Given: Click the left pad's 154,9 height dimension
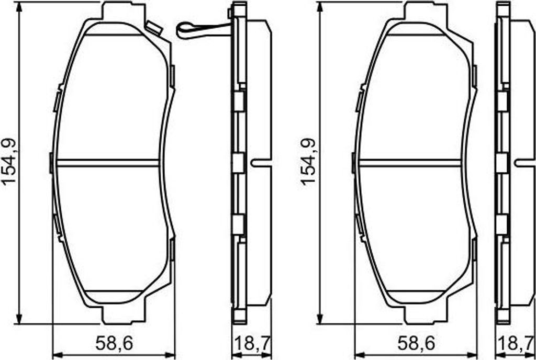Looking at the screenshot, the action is pyautogui.click(x=9, y=161).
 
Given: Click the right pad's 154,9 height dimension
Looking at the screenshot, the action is pyautogui.click(x=308, y=161).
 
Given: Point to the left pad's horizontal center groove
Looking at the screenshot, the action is pyautogui.click(x=108, y=163).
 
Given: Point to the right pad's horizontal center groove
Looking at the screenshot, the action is pyautogui.click(x=410, y=163).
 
